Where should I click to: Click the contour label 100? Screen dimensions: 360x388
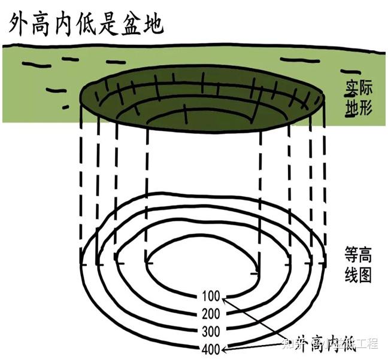click(211, 295)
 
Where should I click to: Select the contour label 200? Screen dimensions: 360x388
click(211, 313)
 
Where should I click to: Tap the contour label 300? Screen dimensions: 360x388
click(211, 331)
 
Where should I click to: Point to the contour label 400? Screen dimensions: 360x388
click(211, 348)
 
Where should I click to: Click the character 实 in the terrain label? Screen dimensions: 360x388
click(350, 87)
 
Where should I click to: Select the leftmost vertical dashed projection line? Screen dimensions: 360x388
click(82, 179)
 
